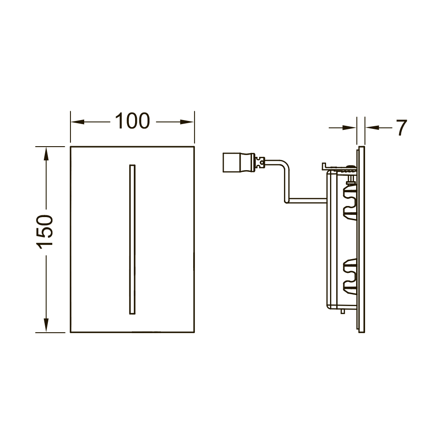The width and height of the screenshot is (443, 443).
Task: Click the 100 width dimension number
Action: pos(132,121)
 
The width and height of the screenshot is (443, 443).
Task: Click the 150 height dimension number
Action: pos(45,232)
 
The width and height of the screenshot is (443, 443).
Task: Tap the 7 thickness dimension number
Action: pos(401,128)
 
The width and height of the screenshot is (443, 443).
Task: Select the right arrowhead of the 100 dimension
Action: pos(187,122)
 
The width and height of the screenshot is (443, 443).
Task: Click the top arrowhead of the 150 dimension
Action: pos(46,154)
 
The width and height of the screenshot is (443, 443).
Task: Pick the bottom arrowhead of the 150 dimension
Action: pos(46,325)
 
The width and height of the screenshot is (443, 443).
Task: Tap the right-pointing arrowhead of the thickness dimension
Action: pos(349,128)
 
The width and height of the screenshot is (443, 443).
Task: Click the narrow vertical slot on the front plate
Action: pos(132,239)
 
